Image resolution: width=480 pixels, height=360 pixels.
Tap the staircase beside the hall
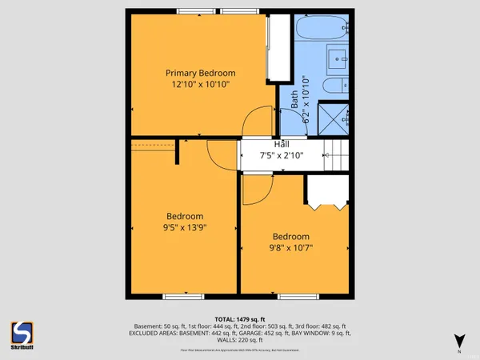click(337, 154)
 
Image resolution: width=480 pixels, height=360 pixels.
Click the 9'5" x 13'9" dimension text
click(185, 229)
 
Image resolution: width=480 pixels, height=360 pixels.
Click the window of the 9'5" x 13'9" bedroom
click(182, 297)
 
